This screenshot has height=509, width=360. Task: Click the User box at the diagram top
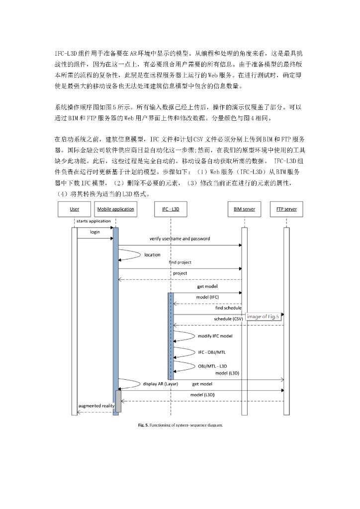pyautogui.click(x=75, y=209)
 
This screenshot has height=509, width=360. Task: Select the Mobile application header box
pyautogui.click(x=115, y=209)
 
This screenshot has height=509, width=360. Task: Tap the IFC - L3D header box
pyautogui.click(x=171, y=209)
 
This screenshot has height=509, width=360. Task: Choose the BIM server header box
pyautogui.click(x=244, y=209)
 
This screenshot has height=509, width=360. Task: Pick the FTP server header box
pyautogui.click(x=286, y=209)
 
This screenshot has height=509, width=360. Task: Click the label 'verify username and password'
pyautogui.click(x=180, y=239)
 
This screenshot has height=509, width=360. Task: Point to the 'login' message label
pyautogui.click(x=95, y=232)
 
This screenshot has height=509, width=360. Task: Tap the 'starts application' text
pyautogui.click(x=93, y=221)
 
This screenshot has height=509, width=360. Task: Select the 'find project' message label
pyautogui.click(x=180, y=262)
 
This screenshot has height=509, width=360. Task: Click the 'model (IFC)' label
pyautogui.click(x=207, y=297)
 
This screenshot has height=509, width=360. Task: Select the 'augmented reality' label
pyautogui.click(x=96, y=406)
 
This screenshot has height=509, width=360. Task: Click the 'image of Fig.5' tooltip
pyautogui.click(x=263, y=317)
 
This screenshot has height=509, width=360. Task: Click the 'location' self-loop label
pyautogui.click(x=153, y=255)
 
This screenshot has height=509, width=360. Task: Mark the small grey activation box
pyautogui.click(x=118, y=401)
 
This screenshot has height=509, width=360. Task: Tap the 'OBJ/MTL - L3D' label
pyautogui.click(x=212, y=366)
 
